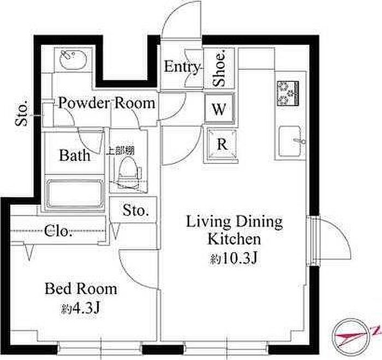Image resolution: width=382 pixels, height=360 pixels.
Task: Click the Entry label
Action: coord(182,67)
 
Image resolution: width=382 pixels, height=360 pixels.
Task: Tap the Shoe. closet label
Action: coord(219,68)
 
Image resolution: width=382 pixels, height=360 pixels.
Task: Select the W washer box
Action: coord(219,108)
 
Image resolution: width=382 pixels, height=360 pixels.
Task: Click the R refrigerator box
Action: coord(222,144)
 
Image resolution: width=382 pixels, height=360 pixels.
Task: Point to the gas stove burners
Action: coord(288,93)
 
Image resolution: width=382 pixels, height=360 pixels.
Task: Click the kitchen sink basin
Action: coord(290,141)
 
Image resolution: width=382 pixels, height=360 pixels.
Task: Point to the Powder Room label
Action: coord(107,103)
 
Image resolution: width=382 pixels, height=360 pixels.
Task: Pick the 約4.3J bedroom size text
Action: coord(80,309)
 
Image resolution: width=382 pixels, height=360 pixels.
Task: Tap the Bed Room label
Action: coord(81,289)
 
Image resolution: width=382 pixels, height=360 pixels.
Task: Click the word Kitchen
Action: coord(234,239)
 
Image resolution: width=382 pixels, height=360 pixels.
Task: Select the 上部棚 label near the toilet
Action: coord(121,151)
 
